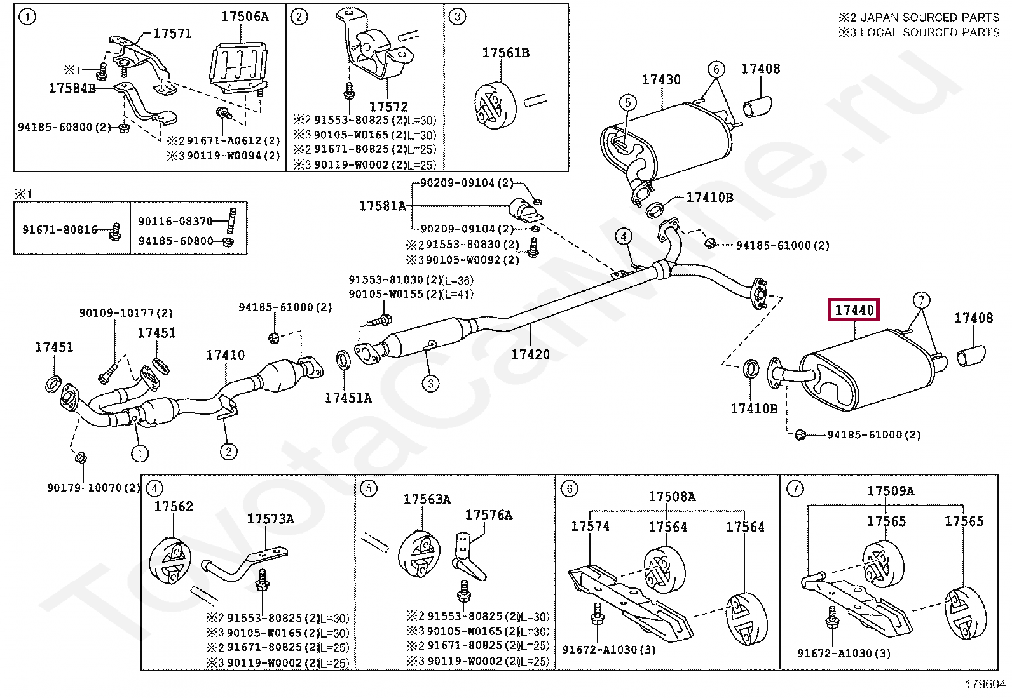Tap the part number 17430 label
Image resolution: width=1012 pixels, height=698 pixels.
[x=660, y=80]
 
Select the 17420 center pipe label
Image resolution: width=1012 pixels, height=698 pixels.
[x=530, y=354]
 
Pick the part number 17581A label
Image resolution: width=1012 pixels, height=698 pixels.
[x=382, y=206]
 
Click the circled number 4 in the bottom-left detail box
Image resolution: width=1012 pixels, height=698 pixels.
[x=154, y=488]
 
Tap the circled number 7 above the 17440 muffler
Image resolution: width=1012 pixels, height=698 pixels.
[x=921, y=299]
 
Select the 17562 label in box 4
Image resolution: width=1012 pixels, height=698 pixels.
[x=174, y=506]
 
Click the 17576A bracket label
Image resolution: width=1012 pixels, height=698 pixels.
[x=488, y=514]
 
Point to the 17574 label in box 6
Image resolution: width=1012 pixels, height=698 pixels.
[x=590, y=526]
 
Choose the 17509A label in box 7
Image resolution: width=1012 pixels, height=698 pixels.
[x=891, y=490]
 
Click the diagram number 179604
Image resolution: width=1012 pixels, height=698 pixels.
[x=985, y=685]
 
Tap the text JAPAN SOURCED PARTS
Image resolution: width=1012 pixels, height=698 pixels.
[x=929, y=18]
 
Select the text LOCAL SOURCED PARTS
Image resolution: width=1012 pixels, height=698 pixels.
[x=929, y=32]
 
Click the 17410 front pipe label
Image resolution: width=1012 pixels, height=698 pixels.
[x=225, y=355]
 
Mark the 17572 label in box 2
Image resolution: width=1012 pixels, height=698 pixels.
[x=388, y=107]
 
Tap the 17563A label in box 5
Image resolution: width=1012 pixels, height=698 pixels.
[x=427, y=499]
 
